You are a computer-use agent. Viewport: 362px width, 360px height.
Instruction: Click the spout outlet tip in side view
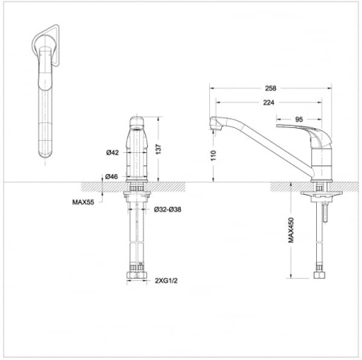(215, 124)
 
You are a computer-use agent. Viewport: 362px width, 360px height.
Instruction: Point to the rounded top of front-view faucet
(138, 121)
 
